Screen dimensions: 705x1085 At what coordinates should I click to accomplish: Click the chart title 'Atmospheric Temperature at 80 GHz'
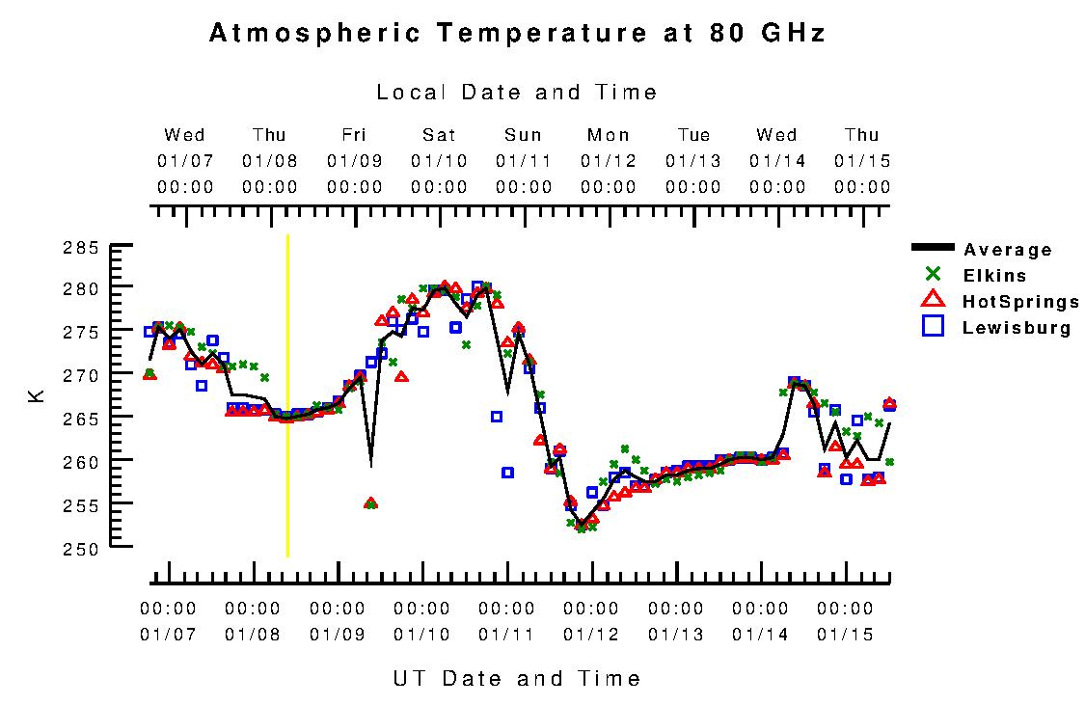[x=517, y=34]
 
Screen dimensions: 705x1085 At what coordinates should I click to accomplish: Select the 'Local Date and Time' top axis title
[x=517, y=93]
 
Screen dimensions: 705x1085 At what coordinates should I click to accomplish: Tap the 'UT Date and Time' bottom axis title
[x=517, y=678]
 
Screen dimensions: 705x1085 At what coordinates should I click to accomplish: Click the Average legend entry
[x=1008, y=250]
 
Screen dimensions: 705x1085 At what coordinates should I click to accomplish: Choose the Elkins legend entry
[x=994, y=275]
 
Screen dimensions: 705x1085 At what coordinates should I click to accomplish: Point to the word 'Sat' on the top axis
[x=439, y=135]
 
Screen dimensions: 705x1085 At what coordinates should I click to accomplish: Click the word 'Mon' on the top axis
[x=609, y=135]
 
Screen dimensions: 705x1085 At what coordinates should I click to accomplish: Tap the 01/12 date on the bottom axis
[x=591, y=635]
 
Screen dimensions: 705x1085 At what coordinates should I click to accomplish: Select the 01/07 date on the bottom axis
[x=168, y=635]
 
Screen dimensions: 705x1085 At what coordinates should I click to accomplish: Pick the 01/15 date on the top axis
[x=862, y=160]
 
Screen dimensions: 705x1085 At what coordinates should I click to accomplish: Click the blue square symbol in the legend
[x=933, y=327]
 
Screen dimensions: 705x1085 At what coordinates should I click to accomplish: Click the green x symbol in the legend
[x=933, y=274]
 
